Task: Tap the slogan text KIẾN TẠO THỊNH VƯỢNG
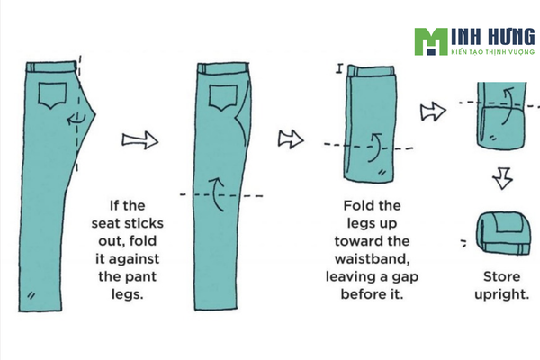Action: [x=493, y=52]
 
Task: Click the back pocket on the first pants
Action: [x=52, y=95]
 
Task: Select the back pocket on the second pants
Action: [x=223, y=98]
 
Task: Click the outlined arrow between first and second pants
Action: [x=140, y=140]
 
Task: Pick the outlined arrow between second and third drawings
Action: [x=291, y=139]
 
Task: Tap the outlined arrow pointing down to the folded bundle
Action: [x=503, y=178]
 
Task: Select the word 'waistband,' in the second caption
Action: [x=373, y=258]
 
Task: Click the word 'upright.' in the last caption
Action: [x=502, y=294]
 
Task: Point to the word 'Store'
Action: [x=502, y=276]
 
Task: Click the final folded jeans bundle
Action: [x=503, y=233]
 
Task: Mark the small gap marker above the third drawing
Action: [x=340, y=68]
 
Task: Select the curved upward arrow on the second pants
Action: [x=218, y=193]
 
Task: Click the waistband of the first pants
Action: [x=51, y=67]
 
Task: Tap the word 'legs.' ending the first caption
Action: [x=128, y=294]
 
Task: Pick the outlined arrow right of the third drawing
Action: [x=433, y=112]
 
